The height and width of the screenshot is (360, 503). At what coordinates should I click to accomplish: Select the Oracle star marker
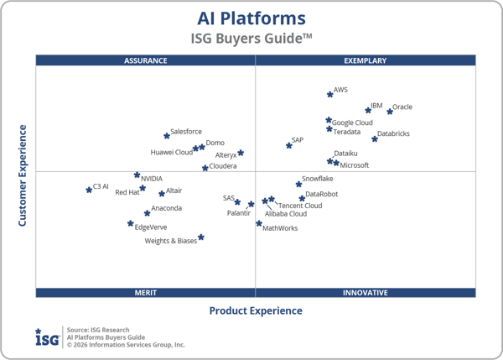click(x=390, y=111)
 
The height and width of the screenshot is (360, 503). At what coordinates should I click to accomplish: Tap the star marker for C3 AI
click(x=89, y=190)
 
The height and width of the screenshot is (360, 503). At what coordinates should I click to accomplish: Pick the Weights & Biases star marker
click(x=201, y=237)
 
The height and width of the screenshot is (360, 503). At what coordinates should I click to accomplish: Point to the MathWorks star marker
click(x=259, y=223)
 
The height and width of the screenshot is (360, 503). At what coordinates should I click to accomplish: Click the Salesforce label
click(x=186, y=132)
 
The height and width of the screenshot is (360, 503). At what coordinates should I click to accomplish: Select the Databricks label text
click(x=393, y=133)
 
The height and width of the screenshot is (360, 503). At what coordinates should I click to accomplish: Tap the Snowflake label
click(x=318, y=179)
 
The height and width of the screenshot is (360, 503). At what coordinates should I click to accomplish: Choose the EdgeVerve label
click(x=151, y=227)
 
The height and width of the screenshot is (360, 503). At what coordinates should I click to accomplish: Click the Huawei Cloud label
click(x=171, y=153)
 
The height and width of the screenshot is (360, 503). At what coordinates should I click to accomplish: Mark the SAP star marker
click(x=289, y=145)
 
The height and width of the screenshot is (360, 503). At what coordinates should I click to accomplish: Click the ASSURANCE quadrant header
click(x=146, y=60)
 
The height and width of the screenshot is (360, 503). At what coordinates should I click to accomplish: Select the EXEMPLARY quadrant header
click(x=366, y=60)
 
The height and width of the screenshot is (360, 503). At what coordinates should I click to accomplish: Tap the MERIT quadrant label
click(x=146, y=293)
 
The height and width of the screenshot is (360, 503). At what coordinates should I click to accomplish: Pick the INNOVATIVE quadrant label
click(x=366, y=293)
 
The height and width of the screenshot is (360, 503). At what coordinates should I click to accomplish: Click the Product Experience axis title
click(x=256, y=311)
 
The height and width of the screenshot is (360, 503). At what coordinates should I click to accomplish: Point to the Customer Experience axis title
click(x=23, y=175)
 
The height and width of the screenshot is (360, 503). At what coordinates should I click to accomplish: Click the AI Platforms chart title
click(x=251, y=18)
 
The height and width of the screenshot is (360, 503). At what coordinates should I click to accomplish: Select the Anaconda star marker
click(x=147, y=213)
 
